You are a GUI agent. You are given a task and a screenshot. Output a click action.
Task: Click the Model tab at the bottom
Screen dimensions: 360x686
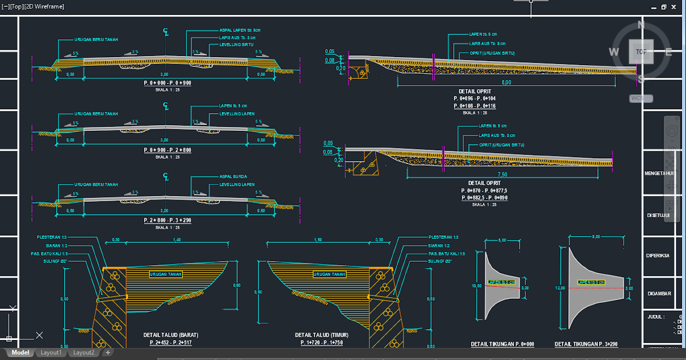point(20,353)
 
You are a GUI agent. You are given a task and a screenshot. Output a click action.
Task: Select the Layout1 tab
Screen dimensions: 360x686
point(51,353)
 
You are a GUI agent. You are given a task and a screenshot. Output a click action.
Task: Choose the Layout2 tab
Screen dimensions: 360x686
point(83,353)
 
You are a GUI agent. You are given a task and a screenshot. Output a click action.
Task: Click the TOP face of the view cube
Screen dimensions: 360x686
point(641,52)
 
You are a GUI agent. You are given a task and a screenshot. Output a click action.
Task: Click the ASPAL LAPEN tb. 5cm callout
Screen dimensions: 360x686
point(240,30)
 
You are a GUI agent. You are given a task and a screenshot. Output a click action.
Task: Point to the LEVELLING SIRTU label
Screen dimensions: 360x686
point(237,45)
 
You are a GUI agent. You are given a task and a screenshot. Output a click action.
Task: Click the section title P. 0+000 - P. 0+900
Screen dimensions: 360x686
point(167,83)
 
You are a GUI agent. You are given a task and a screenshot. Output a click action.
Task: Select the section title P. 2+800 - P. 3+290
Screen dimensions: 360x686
point(167,220)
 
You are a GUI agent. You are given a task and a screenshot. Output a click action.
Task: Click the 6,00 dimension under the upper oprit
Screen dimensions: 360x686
point(506,83)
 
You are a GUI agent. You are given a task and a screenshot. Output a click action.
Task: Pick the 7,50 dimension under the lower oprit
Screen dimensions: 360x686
point(502,174)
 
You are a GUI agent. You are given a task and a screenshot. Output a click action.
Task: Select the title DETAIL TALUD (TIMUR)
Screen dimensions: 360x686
point(321,335)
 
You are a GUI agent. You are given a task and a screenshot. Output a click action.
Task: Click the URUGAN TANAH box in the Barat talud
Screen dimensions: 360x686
point(166,274)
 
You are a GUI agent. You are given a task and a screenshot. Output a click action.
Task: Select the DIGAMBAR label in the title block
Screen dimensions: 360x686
point(659,293)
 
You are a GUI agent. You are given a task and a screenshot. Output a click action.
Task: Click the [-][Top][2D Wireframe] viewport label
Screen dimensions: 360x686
point(33,7)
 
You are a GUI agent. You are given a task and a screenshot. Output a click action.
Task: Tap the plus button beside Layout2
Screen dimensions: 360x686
point(107,353)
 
